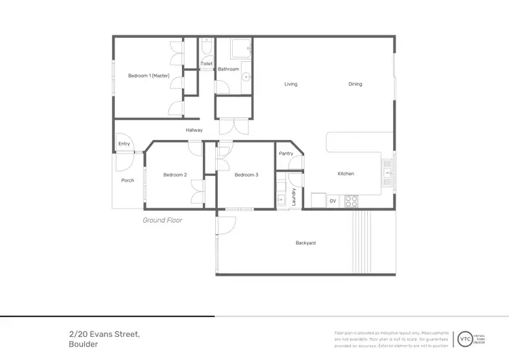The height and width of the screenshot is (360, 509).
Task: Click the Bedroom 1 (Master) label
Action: click(149, 75)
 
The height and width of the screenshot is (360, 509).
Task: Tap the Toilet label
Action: click(206, 64)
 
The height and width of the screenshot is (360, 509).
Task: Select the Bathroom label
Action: click(229, 69)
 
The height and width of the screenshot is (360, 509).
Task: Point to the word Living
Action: click(290, 84)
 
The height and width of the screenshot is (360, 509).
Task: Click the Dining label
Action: click(355, 84)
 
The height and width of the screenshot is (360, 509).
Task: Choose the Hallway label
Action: click(194, 130)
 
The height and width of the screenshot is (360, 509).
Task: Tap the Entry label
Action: click(124, 144)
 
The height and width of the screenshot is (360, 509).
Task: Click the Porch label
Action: click(128, 181)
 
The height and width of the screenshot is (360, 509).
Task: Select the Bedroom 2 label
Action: click(175, 175)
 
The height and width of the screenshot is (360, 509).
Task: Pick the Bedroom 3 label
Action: click(246, 175)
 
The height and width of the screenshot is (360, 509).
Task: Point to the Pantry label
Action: click(286, 154)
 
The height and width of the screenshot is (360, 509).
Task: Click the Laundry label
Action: click(294, 197)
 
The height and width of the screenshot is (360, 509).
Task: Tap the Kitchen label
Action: click(346, 174)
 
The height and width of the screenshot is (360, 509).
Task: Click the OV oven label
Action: click(333, 201)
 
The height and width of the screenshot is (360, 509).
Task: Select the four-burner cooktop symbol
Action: click(352, 201)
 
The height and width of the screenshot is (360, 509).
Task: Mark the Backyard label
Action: click(305, 243)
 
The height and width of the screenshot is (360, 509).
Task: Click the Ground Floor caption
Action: click(162, 220)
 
